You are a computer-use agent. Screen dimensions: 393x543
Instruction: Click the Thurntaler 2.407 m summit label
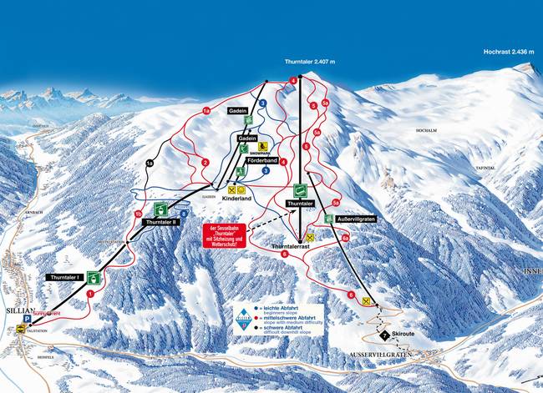point(308,61)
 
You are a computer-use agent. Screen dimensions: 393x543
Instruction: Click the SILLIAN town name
point(18,307)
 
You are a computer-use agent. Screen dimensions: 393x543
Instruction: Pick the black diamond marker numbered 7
point(383,335)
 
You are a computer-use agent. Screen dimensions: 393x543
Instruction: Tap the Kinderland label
point(237,200)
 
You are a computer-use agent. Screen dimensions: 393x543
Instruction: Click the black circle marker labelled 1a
point(150,162)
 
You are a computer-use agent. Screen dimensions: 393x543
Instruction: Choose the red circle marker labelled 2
point(205,162)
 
